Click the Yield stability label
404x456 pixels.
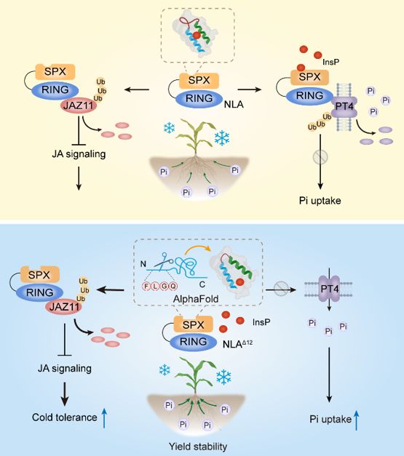point(198,446)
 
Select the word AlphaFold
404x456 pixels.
point(196,299)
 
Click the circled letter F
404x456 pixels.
point(147,286)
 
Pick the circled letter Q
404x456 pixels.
point(173,286)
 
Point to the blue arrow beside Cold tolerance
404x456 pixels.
point(104,417)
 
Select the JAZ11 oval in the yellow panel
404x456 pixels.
point(79,105)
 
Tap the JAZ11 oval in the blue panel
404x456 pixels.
point(64,307)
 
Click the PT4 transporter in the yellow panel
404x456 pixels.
point(344,106)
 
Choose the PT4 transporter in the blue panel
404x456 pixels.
point(330,289)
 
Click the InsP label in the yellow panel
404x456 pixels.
point(331,62)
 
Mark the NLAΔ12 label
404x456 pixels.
point(237,344)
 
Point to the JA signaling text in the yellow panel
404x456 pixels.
point(79,153)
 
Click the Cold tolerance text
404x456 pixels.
point(64,417)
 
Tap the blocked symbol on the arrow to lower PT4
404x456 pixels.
point(280,289)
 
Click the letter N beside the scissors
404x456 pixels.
point(143,264)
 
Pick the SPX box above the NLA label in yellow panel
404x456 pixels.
point(199,81)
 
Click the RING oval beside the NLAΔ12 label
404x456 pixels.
point(194,342)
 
